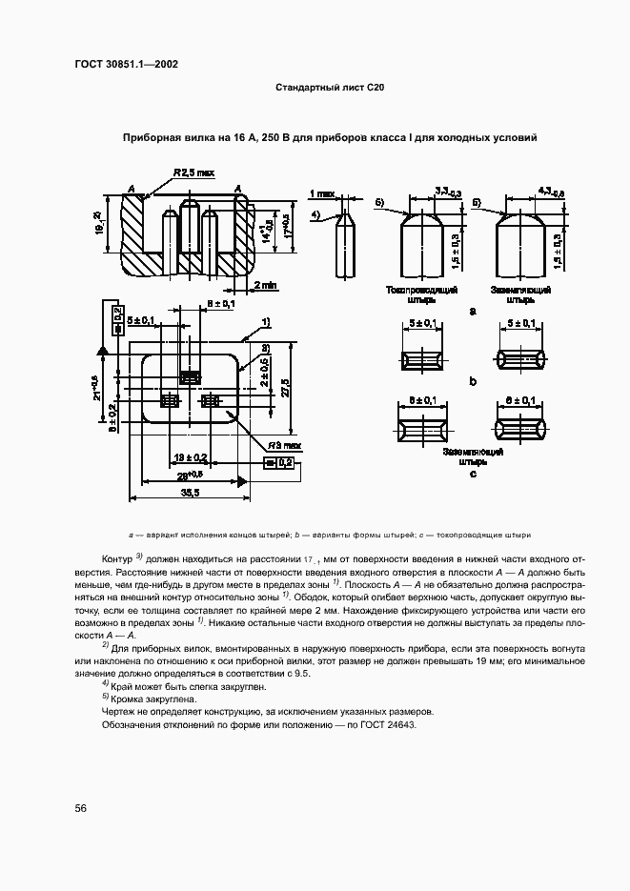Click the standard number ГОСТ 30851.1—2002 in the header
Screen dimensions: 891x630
point(126,65)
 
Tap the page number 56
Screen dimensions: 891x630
point(81,808)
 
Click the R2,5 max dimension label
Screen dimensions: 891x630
point(194,173)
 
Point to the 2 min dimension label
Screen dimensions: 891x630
point(265,284)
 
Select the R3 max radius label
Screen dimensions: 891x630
point(283,445)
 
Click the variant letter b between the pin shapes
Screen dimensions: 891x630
point(473,382)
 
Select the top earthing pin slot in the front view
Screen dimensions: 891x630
point(189,378)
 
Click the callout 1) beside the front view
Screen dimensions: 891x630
point(268,321)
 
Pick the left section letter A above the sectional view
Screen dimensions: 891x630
point(130,187)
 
